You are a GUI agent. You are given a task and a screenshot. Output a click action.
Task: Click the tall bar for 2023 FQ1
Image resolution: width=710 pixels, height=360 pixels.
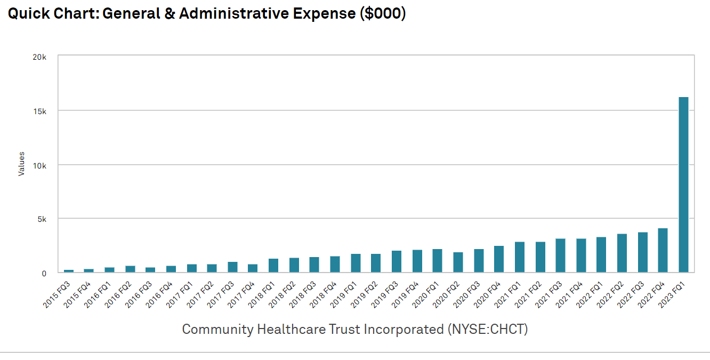683,185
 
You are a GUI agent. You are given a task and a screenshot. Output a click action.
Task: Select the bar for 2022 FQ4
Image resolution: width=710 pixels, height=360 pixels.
663,250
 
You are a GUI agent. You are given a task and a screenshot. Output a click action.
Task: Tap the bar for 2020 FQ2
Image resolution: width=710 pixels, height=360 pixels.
458,262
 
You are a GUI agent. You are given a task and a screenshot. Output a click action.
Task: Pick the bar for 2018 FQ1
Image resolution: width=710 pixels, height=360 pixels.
273,266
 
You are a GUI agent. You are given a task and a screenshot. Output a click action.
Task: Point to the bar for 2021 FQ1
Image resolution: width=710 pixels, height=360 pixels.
519,257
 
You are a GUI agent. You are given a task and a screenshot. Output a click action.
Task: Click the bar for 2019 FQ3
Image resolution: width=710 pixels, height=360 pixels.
396,261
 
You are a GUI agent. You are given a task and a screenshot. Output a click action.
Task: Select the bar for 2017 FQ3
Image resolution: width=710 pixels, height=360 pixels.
232,267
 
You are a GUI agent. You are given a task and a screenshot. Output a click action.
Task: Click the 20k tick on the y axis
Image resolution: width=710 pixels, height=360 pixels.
40,57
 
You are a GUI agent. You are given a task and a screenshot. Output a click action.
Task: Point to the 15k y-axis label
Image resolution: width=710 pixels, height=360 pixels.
40,111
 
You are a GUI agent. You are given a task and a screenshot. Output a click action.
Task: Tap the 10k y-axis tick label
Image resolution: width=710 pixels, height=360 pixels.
40,165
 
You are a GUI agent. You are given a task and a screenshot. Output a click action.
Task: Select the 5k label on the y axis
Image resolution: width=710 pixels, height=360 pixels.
42,219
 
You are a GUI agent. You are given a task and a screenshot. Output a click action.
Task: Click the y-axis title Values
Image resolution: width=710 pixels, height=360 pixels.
21,164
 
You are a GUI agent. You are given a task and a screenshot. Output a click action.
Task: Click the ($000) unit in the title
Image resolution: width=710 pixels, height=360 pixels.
382,13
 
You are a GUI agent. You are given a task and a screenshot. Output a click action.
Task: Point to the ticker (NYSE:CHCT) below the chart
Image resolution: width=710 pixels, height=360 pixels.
486,329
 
